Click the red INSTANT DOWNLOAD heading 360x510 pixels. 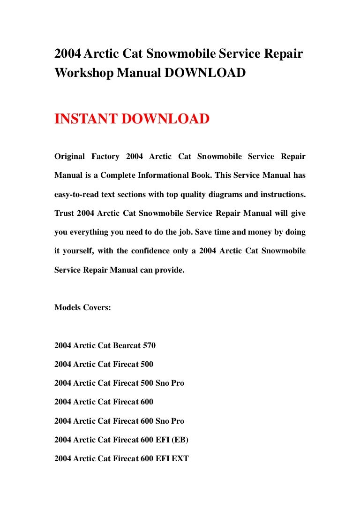pos(132,119)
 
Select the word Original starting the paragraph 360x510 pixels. pos(70,156)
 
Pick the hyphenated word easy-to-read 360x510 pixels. pos(78,194)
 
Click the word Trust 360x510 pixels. pos(64,213)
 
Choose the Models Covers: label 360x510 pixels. pos(82,308)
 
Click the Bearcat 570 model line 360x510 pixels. pos(105,346)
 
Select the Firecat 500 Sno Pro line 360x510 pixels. pos(119,383)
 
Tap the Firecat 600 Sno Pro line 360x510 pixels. pos(119,421)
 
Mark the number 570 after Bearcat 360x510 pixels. pos(149,346)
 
